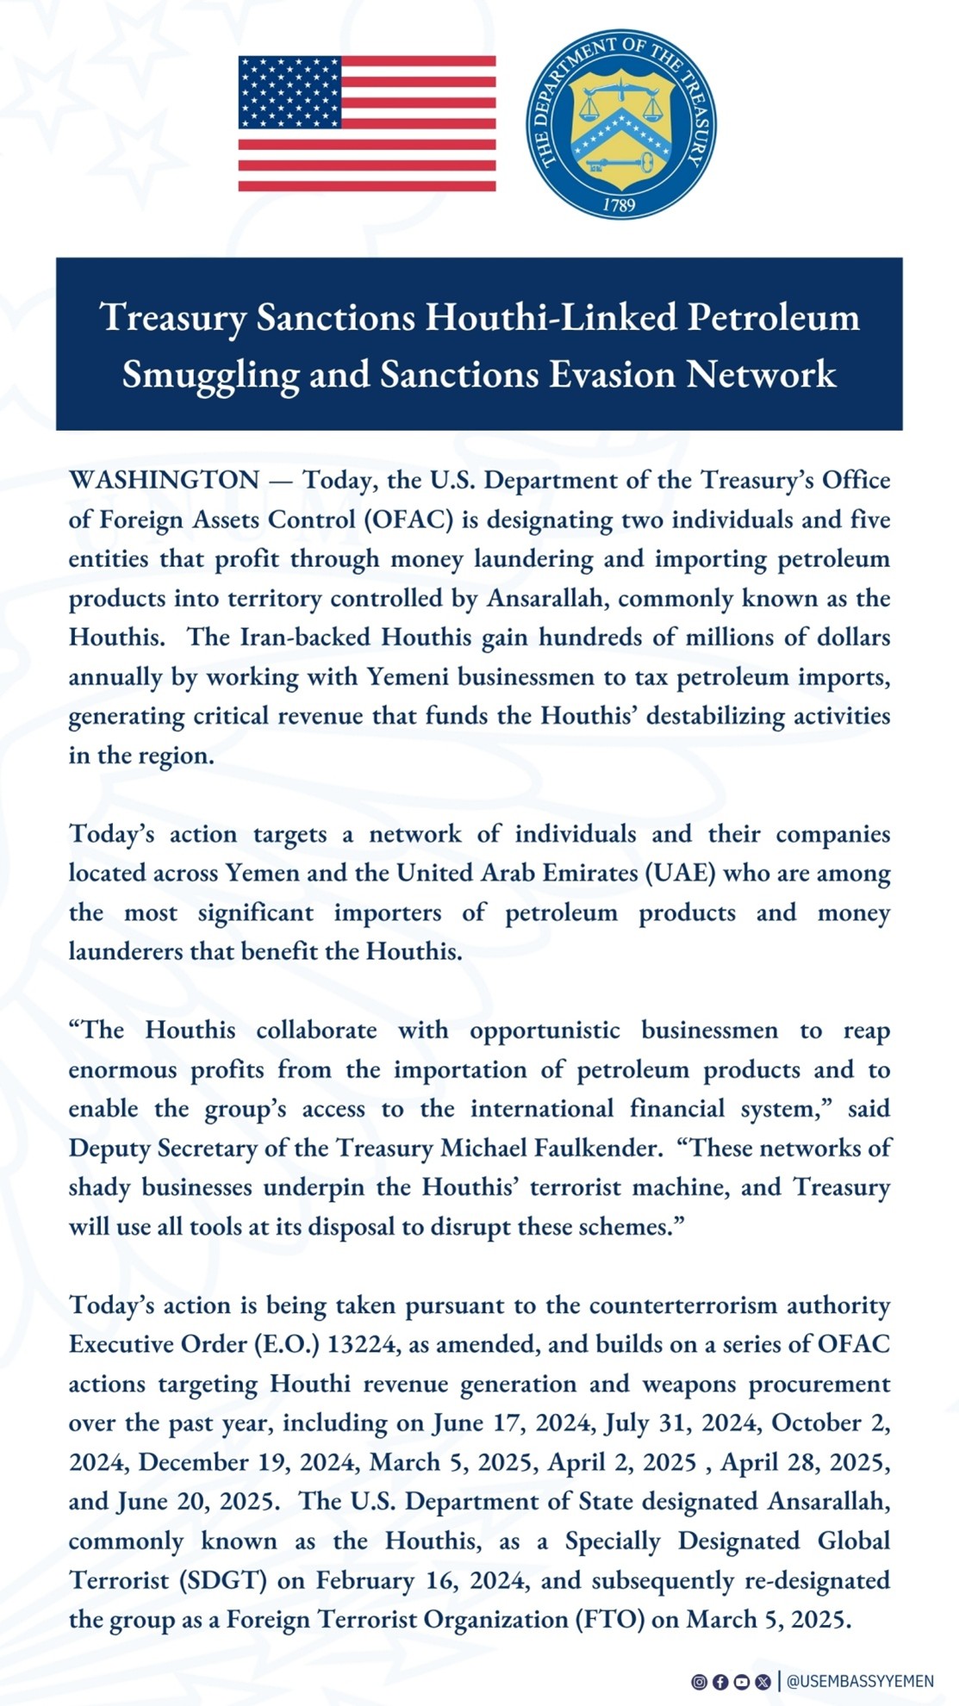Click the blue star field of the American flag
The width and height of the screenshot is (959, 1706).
pos(290,92)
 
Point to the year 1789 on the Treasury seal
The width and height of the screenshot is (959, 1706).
pos(619,205)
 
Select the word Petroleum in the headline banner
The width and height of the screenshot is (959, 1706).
pos(773,317)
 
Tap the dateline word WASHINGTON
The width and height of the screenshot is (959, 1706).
pos(164,480)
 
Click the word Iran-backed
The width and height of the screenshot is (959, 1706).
pos(306,638)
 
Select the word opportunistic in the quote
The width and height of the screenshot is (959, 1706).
pos(545,1030)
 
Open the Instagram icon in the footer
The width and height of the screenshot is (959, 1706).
pos(699,1681)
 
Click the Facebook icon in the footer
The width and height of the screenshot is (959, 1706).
pos(720,1681)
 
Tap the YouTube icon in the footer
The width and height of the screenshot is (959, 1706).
pos(741,1681)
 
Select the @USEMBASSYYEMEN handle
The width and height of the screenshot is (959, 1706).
pos(860,1681)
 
